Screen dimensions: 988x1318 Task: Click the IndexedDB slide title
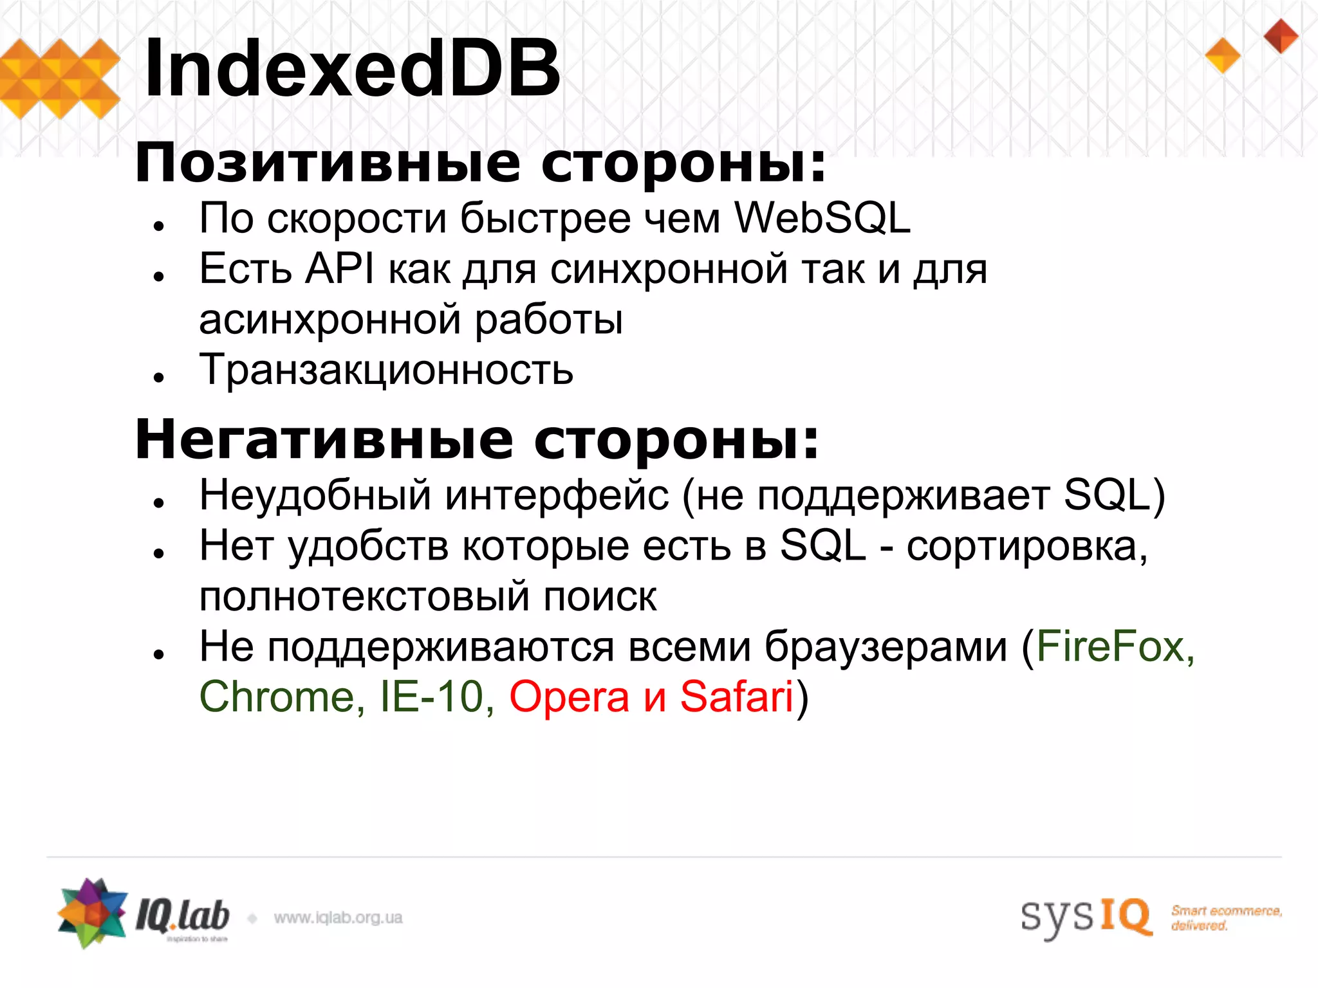[353, 68]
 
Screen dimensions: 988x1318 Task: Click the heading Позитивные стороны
[480, 163]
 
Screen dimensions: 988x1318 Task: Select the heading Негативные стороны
[477, 439]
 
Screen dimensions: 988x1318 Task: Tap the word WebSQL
[822, 218]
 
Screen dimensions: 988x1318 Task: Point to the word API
[339, 268]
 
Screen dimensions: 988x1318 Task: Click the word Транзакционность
[386, 370]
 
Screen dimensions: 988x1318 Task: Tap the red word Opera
[569, 697]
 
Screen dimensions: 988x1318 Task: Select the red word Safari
[736, 697]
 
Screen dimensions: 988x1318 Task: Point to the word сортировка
[1026, 546]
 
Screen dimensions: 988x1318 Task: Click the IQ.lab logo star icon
[92, 913]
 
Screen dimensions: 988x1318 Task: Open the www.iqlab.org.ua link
[339, 918]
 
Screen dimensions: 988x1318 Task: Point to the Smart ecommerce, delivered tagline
[1225, 918]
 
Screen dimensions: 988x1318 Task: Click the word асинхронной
[331, 320]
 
